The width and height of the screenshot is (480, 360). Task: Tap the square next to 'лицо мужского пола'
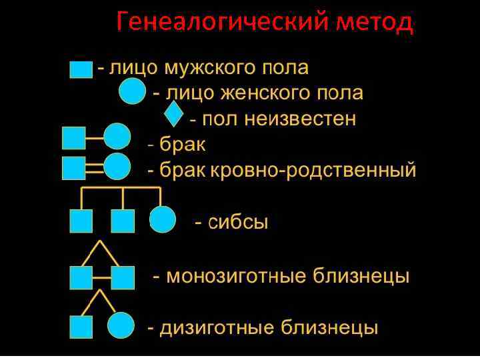pyautogui.click(x=81, y=69)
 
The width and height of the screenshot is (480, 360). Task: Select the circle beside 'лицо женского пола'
pyautogui.click(x=131, y=91)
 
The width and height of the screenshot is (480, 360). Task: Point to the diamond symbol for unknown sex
pyautogui.click(x=173, y=115)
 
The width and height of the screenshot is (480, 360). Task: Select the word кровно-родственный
pyautogui.click(x=313, y=169)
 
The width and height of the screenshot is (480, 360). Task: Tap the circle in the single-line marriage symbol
pyautogui.click(x=117, y=137)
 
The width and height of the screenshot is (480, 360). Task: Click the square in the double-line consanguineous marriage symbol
pyautogui.click(x=73, y=167)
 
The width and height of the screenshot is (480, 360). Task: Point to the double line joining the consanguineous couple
pyautogui.click(x=95, y=167)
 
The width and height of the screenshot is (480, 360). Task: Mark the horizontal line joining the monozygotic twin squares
pyautogui.click(x=101, y=276)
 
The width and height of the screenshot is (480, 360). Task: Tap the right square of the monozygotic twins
pyautogui.click(x=123, y=277)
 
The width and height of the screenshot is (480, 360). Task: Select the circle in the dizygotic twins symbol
pyautogui.click(x=121, y=326)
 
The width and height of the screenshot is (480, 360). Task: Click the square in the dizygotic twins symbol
pyautogui.click(x=81, y=327)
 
